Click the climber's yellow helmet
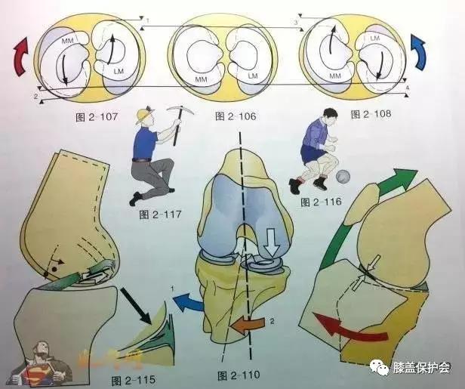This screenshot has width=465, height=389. pos(142,116)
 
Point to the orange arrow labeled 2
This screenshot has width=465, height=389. pos(247,324)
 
